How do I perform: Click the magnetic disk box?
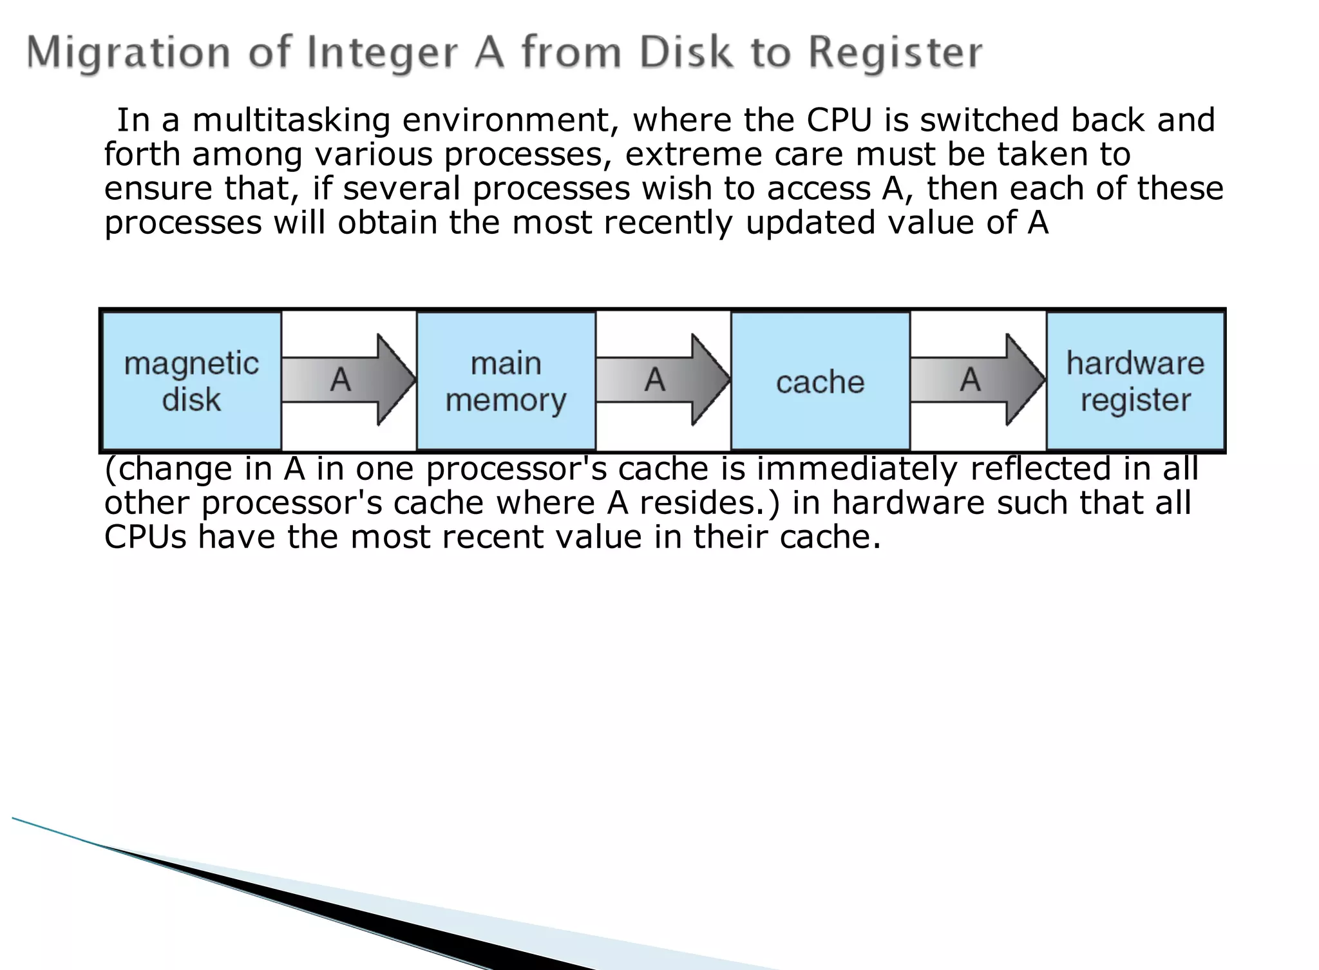191,381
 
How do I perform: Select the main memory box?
506,381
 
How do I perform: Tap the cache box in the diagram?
820,381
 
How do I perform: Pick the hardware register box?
1135,381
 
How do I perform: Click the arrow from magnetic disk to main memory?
348,379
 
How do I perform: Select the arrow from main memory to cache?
663,379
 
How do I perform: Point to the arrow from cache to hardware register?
977,379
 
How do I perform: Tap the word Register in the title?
895,53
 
